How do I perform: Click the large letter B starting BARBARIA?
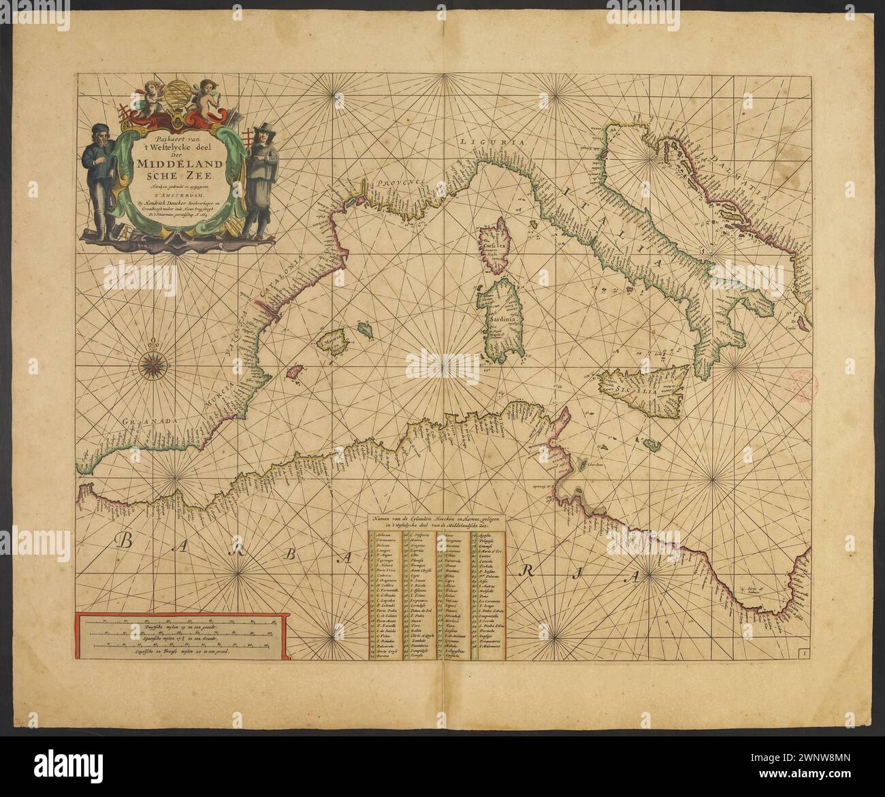pos(127,542)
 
